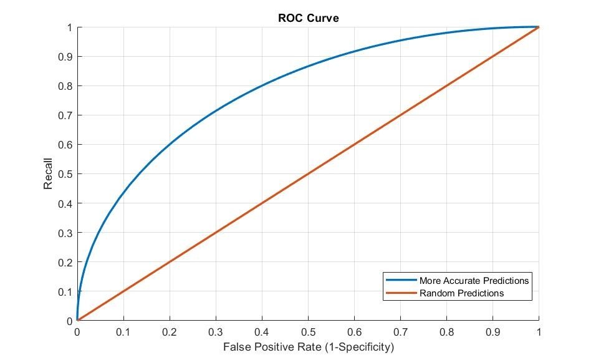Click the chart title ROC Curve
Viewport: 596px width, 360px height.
tap(308, 18)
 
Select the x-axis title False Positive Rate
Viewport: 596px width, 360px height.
tap(309, 346)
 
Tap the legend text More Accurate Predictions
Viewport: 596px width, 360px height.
tap(474, 281)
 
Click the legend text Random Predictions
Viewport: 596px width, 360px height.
tap(461, 293)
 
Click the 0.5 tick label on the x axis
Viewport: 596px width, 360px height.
tap(308, 331)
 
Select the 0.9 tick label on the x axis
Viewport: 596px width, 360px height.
tap(493, 331)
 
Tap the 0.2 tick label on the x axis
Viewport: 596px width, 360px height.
tap(169, 331)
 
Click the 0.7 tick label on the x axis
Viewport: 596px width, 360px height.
tap(400, 331)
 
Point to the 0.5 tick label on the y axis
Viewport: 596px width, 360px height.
tap(65, 174)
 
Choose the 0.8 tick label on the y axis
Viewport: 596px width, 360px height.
tap(65, 86)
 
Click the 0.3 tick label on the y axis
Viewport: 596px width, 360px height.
tap(65, 233)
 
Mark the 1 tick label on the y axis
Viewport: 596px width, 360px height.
tap(69, 27)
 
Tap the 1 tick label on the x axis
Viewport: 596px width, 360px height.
tap(539, 331)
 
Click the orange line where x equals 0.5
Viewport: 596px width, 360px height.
tap(308, 174)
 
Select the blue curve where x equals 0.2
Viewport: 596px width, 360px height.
tap(169, 144)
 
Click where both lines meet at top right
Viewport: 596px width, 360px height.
tap(538, 27)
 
